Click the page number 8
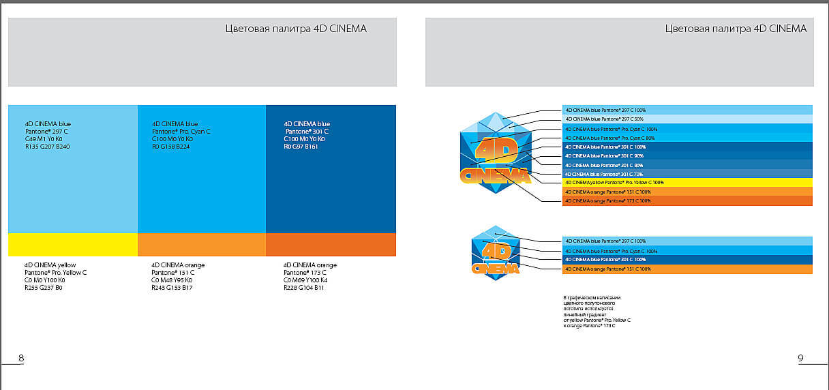click(21, 358)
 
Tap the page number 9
click(800, 358)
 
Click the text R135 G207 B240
click(47, 147)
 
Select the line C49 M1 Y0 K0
click(43, 138)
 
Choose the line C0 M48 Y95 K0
click(171, 280)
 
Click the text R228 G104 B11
click(304, 288)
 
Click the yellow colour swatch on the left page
click(73, 244)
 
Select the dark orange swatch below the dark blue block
click(331, 244)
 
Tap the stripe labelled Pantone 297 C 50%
click(687, 119)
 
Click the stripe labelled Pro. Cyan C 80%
click(687, 138)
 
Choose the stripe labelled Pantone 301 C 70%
click(687, 174)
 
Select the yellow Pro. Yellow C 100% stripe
click(687, 183)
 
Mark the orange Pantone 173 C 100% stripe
click(687, 201)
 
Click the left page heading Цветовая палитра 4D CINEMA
click(295, 29)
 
